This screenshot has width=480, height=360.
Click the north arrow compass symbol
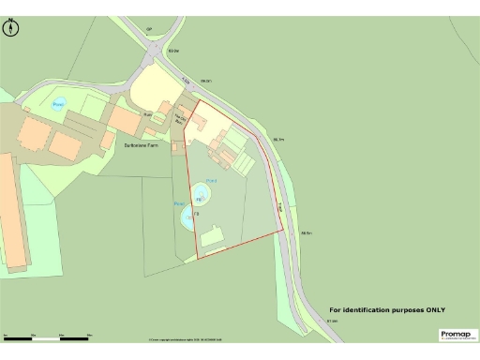pyautogui.click(x=11, y=27)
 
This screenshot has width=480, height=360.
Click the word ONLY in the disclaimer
pyautogui.click(x=433, y=310)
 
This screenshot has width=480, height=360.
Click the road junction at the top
pyautogui.click(x=151, y=52)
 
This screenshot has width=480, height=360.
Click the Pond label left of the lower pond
pyautogui.click(x=178, y=202)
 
